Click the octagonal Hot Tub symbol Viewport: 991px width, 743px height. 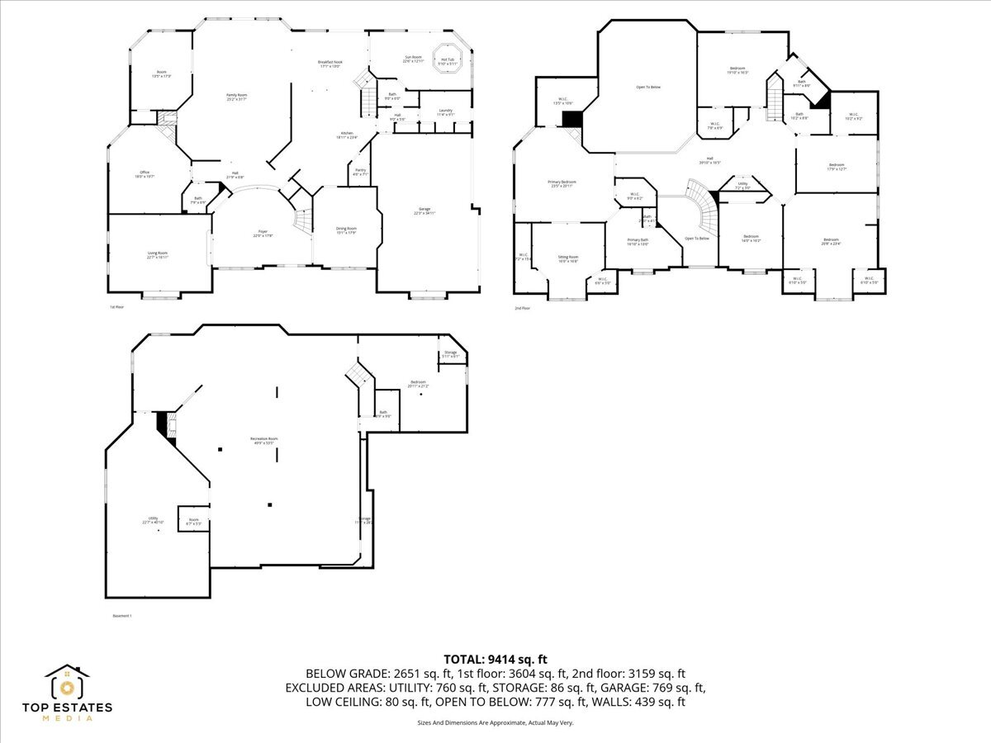click(x=447, y=58)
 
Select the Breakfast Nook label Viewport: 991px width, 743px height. click(x=330, y=64)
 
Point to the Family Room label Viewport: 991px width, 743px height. click(x=237, y=97)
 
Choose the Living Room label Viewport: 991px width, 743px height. click(x=157, y=255)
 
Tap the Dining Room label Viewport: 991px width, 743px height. click(x=346, y=230)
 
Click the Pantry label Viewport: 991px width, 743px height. click(x=360, y=172)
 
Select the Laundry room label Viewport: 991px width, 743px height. click(x=445, y=112)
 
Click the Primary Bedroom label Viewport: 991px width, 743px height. click(x=562, y=183)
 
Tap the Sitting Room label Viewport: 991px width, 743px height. click(x=568, y=258)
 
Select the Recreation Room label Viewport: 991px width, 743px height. click(x=263, y=440)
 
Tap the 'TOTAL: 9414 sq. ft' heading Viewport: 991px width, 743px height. click(x=495, y=659)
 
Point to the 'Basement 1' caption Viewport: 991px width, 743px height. click(x=121, y=616)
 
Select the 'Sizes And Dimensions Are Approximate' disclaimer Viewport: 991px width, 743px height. click(x=495, y=722)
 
